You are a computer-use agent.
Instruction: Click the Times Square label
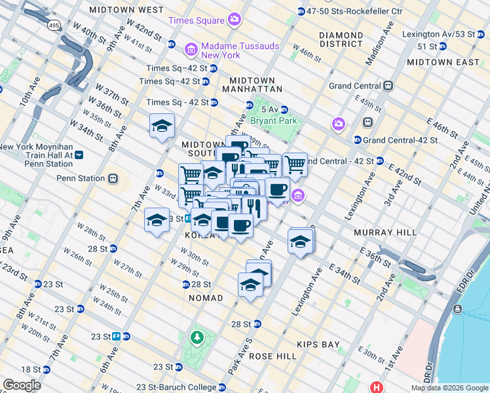(x=197, y=20)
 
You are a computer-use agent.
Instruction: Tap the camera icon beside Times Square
(x=234, y=20)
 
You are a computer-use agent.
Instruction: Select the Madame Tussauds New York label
(x=240, y=50)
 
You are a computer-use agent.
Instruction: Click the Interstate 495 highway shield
(x=54, y=25)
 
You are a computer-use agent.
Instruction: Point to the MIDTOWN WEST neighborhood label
(x=126, y=10)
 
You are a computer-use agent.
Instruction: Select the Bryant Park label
(x=277, y=121)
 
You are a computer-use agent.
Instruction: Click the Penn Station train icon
(x=113, y=178)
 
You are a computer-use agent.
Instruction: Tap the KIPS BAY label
(x=318, y=344)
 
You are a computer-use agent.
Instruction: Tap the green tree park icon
(x=196, y=337)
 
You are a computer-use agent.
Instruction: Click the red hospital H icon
(x=376, y=386)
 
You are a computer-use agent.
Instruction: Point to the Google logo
(x=22, y=385)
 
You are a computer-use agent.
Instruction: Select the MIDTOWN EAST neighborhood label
(x=443, y=62)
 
